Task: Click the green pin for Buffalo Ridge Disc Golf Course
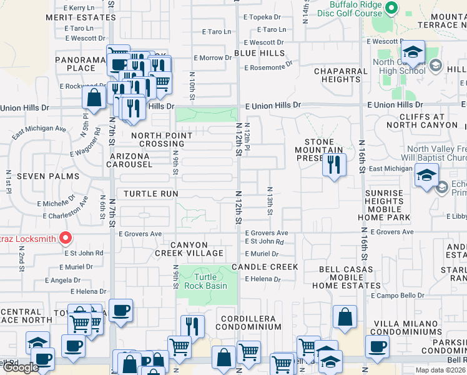[x=391, y=8]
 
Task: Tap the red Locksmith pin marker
[x=65, y=237]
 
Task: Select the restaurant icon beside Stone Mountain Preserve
[x=334, y=164]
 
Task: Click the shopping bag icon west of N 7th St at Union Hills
[x=94, y=98]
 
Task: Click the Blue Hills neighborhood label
[x=259, y=53]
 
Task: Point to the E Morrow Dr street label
[x=212, y=58]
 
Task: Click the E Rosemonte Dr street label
[x=268, y=67]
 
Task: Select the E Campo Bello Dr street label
[x=398, y=295]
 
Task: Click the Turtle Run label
[x=150, y=194]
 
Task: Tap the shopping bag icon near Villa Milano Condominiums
[x=345, y=316]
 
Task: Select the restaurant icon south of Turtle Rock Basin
[x=192, y=326]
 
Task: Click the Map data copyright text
[x=440, y=370]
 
